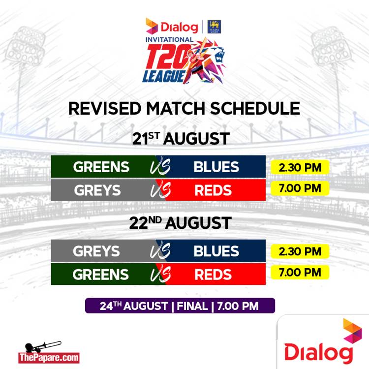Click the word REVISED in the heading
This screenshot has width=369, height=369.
coord(105,109)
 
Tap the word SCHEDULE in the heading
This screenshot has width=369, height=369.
coord(255,109)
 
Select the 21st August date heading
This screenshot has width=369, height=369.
coord(181,138)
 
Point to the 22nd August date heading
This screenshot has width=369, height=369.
coord(181,222)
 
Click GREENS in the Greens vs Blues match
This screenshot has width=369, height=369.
coord(101,167)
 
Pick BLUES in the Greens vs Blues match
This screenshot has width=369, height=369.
coord(216,167)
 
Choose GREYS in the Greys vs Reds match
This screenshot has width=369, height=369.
coord(97,190)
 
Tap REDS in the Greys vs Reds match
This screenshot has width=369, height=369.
coord(213,190)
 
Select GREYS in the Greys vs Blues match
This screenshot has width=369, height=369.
coord(96,251)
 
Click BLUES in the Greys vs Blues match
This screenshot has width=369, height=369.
coord(216,251)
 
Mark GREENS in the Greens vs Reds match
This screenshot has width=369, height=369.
coord(101,275)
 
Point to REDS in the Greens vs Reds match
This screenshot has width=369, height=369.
coord(213,275)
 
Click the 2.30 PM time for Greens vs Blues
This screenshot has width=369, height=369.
coord(300,168)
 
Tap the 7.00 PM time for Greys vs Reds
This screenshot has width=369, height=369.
coord(300,188)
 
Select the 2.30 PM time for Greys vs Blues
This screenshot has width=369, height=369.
coord(300,251)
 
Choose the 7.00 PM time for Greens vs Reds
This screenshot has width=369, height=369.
coord(300,272)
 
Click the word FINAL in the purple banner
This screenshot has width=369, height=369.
coord(192,306)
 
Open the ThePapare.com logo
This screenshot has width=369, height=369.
coord(49,352)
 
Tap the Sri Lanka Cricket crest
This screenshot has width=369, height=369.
coord(214,27)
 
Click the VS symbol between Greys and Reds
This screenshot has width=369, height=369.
coord(160,190)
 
